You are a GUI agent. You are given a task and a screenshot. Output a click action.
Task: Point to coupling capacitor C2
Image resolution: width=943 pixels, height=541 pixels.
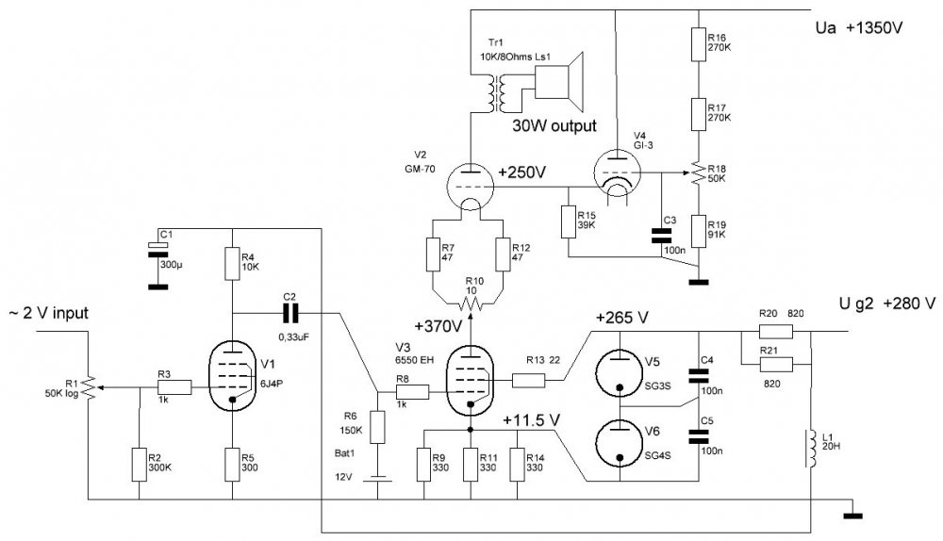tap(290, 312)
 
